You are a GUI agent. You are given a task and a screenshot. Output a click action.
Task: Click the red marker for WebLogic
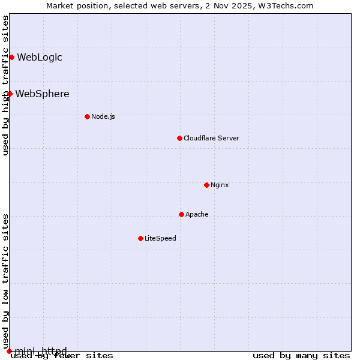pyautogui.click(x=11, y=57)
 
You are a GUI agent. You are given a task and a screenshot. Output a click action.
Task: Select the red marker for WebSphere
pyautogui.click(x=10, y=94)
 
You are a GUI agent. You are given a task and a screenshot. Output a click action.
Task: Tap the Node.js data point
pyautogui.click(x=87, y=116)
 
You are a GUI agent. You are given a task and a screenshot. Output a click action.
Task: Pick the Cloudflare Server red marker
pyautogui.click(x=179, y=138)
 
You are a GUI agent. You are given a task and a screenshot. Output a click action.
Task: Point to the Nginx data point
pyautogui.click(x=206, y=185)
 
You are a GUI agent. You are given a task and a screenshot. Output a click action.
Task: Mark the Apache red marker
pyautogui.click(x=181, y=214)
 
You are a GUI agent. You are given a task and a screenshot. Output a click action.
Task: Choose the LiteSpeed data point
pyautogui.click(x=140, y=238)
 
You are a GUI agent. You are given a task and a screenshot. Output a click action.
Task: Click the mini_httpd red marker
pyautogui.click(x=9, y=351)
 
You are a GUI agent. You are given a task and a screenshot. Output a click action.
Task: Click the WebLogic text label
pyautogui.click(x=40, y=58)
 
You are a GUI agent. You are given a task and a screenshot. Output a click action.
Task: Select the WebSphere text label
pyautogui.click(x=42, y=94)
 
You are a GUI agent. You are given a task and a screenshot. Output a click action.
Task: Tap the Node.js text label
pyautogui.click(x=103, y=116)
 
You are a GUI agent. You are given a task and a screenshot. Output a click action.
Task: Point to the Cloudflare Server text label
pyautogui.click(x=211, y=138)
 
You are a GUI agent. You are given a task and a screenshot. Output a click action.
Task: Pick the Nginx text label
pyautogui.click(x=220, y=185)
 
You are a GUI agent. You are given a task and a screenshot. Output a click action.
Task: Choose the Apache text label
pyautogui.click(x=197, y=214)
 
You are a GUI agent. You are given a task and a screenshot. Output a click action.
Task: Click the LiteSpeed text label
pyautogui.click(x=160, y=238)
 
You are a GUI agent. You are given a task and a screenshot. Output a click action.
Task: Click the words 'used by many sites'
pyautogui.click(x=301, y=356)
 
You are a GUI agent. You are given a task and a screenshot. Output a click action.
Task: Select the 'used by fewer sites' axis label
pyautogui.click(x=62, y=356)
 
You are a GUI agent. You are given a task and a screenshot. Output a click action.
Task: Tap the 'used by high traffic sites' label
pyautogui.click(x=5, y=85)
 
